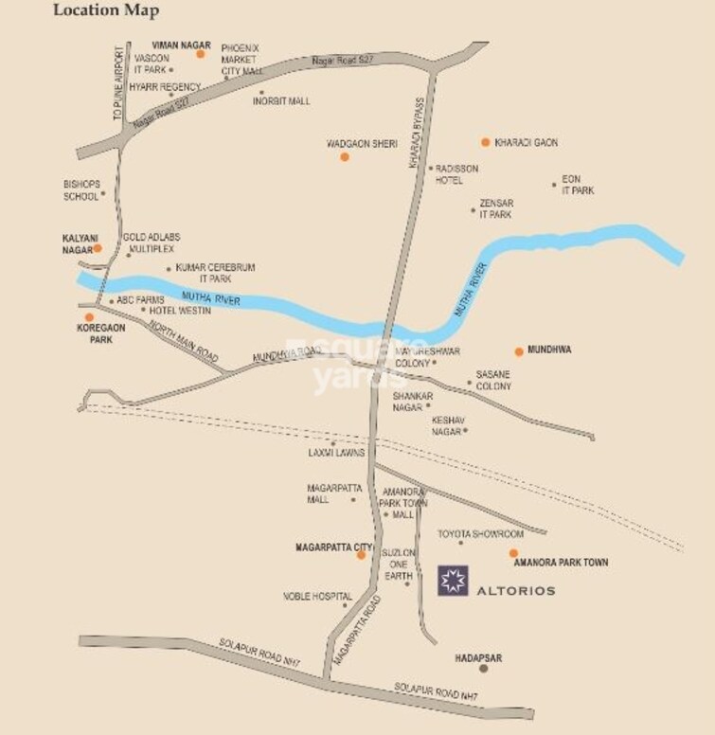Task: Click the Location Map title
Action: pos(106,11)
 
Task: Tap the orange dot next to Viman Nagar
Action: pos(201,55)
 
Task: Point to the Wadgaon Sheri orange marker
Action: pos(345,156)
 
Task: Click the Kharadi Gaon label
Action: pos(527,143)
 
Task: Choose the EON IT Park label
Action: pos(577,185)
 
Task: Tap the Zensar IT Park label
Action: pos(495,209)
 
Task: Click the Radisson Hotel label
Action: pos(456,174)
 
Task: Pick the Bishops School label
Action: pos(80,189)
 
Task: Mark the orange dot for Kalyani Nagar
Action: pos(98,248)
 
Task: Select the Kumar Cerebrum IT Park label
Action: pos(215,274)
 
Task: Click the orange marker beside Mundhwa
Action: pos(519,351)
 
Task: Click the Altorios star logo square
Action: pos(452,581)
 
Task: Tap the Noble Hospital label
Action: pos(317,597)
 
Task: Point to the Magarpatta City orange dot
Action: pos(361,555)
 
